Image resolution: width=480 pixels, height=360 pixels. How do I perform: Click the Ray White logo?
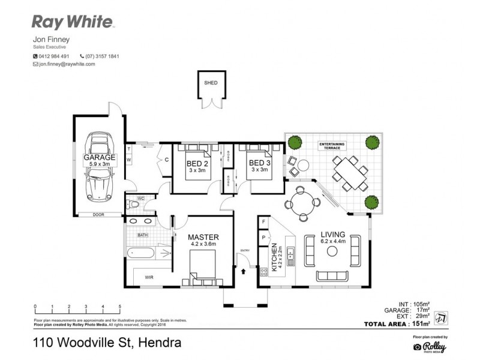72,22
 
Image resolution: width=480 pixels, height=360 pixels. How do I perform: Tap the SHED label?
211,83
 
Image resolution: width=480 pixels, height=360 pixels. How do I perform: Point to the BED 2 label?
197,163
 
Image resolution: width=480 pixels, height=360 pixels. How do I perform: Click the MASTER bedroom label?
203,237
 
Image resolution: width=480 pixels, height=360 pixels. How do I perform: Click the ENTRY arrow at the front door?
243,271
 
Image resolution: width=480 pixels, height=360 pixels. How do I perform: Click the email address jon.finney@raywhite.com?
67,64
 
